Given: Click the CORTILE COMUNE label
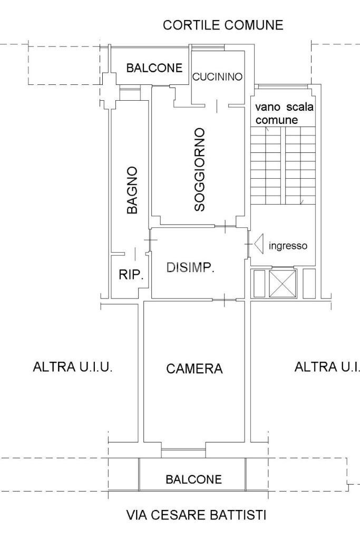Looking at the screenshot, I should point(223,25).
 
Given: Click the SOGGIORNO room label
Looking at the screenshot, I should point(199,169).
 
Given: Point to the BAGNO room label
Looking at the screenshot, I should point(133,190).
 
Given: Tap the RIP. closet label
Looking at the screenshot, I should point(131,274).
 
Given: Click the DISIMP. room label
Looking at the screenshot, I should point(190,268).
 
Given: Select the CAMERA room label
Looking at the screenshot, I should point(194,369).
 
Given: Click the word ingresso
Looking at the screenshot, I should point(288,245).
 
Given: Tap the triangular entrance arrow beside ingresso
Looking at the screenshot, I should point(259,245).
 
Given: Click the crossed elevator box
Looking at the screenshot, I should point(284,283).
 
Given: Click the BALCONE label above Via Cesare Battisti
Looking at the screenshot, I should point(194,479).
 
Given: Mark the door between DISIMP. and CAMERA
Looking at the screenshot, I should point(225,300).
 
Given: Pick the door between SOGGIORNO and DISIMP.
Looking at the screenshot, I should point(225,227).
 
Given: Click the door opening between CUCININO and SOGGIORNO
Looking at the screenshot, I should point(217,105).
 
